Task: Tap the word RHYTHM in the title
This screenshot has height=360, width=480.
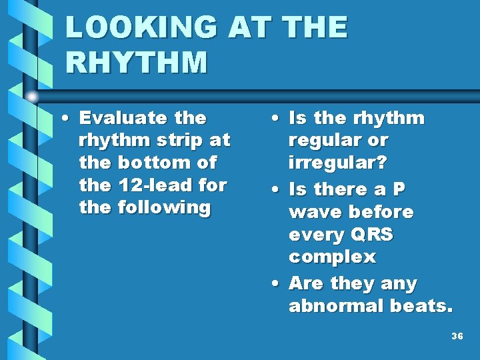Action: (x=137, y=63)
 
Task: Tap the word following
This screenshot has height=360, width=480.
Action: (x=163, y=207)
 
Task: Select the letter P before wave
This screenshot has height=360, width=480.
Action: (x=398, y=190)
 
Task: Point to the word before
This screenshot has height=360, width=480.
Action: (x=381, y=213)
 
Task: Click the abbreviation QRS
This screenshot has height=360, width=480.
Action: (x=370, y=235)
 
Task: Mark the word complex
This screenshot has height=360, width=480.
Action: (x=332, y=257)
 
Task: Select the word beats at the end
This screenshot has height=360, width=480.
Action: (x=422, y=306)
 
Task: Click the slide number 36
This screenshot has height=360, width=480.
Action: (x=457, y=337)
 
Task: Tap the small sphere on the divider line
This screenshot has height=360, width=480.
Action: (x=32, y=97)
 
